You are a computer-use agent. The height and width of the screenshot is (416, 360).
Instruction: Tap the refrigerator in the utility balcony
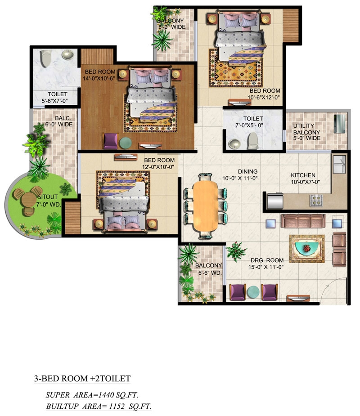pos(340,124)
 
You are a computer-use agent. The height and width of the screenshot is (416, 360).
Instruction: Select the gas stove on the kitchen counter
pos(316,200)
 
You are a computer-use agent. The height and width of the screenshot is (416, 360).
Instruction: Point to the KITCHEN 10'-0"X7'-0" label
pos(305,179)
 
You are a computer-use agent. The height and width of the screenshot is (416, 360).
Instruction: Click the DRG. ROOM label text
pos(267,260)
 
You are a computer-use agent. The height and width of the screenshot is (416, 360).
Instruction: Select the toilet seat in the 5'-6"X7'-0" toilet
pos(46,58)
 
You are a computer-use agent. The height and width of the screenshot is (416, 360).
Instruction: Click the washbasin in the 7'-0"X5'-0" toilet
pos(234,144)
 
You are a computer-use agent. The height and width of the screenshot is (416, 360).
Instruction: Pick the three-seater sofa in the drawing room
pos(303,221)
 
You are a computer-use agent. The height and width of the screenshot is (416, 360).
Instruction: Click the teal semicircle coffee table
pos(306,248)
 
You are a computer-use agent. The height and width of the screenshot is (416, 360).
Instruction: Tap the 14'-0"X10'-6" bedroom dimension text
pos(99,79)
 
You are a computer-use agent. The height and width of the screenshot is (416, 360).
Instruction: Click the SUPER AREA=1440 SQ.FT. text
pos(92,395)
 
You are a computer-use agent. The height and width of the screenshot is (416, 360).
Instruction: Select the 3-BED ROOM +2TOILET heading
pos(82,378)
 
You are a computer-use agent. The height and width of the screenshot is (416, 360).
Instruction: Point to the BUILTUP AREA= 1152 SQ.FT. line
pos(99,406)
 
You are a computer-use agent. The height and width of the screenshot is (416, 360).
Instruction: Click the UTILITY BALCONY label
pos(306,129)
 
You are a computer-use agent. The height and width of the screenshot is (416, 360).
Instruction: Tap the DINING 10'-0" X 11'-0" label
pos(240,175)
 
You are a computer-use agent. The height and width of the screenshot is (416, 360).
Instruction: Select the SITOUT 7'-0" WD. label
pos(48,201)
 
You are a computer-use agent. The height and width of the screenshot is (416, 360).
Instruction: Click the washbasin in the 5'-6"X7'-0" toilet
pos(67,55)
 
